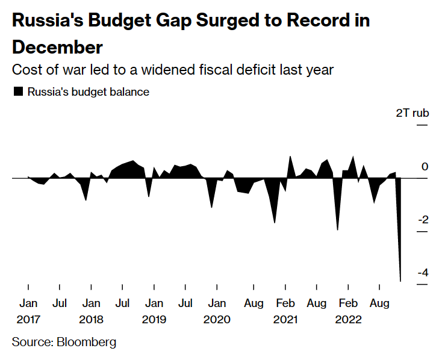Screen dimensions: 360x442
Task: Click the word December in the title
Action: tap(57, 47)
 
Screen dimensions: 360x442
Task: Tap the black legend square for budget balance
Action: tap(18, 92)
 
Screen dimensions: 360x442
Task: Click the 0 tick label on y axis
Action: tap(425, 167)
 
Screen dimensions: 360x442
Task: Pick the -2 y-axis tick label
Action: tap(422, 220)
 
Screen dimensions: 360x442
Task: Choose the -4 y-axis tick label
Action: tap(422, 273)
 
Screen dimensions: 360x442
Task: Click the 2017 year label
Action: tap(28, 320)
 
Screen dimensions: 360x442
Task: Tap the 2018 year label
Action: tap(91, 320)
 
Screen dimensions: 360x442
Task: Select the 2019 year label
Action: tap(154, 320)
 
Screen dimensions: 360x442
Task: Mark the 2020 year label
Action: tap(217, 320)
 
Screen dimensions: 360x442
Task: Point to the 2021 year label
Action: tap(285, 320)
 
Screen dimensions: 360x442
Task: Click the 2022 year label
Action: tap(349, 320)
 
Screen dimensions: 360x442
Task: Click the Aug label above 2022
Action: tap(379, 303)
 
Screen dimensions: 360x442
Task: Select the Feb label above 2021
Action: tap(285, 303)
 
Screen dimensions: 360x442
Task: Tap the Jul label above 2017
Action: tap(59, 303)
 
